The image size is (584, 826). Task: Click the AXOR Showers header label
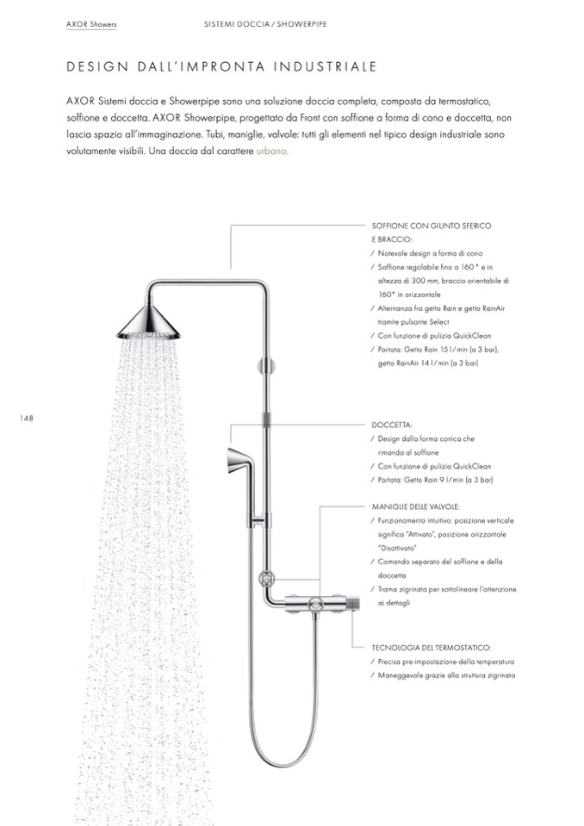click(x=91, y=25)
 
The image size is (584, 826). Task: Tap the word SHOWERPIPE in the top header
click(x=297, y=25)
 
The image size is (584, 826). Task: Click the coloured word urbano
click(x=272, y=151)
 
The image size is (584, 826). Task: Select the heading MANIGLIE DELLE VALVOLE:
click(x=416, y=507)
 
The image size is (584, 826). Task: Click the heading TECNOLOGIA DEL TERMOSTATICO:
click(x=432, y=647)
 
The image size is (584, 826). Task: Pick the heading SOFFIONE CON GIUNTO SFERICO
click(x=432, y=225)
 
